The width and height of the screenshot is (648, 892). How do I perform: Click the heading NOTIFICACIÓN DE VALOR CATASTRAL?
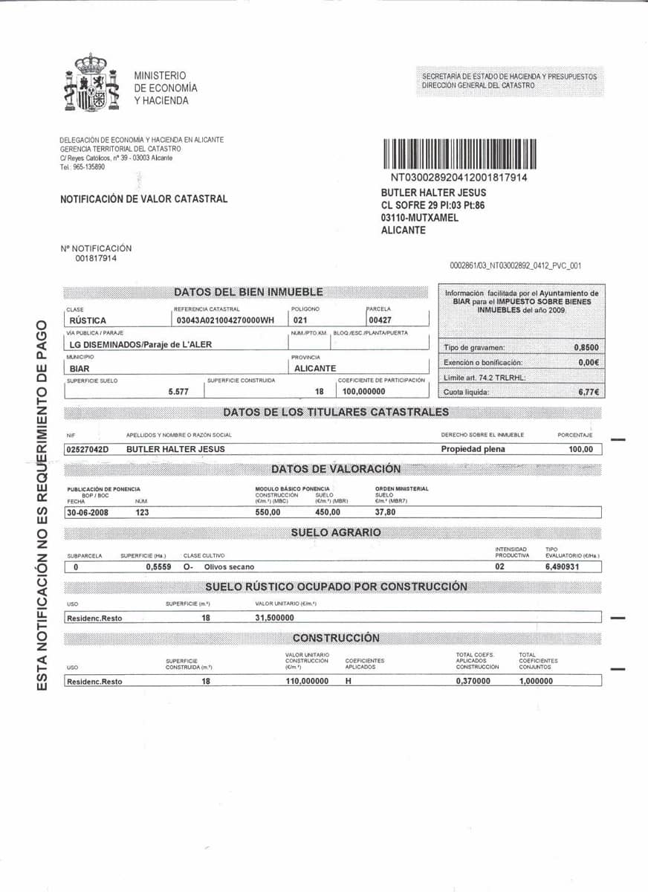[143, 199]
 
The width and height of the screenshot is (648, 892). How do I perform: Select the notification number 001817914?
[95, 259]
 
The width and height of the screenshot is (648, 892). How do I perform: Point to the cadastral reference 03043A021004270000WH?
[225, 320]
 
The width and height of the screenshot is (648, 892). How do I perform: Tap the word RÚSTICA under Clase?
[87, 320]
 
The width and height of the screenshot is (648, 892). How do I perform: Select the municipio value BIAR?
[80, 369]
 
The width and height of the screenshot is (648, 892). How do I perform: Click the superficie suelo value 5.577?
[178, 392]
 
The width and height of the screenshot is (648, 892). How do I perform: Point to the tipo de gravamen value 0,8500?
[586, 347]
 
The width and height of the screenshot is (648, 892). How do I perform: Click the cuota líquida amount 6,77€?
[589, 392]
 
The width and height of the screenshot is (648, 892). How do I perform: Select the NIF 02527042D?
[88, 449]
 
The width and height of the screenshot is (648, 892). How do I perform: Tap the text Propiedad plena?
[473, 449]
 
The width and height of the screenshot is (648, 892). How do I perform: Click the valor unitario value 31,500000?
[275, 618]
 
